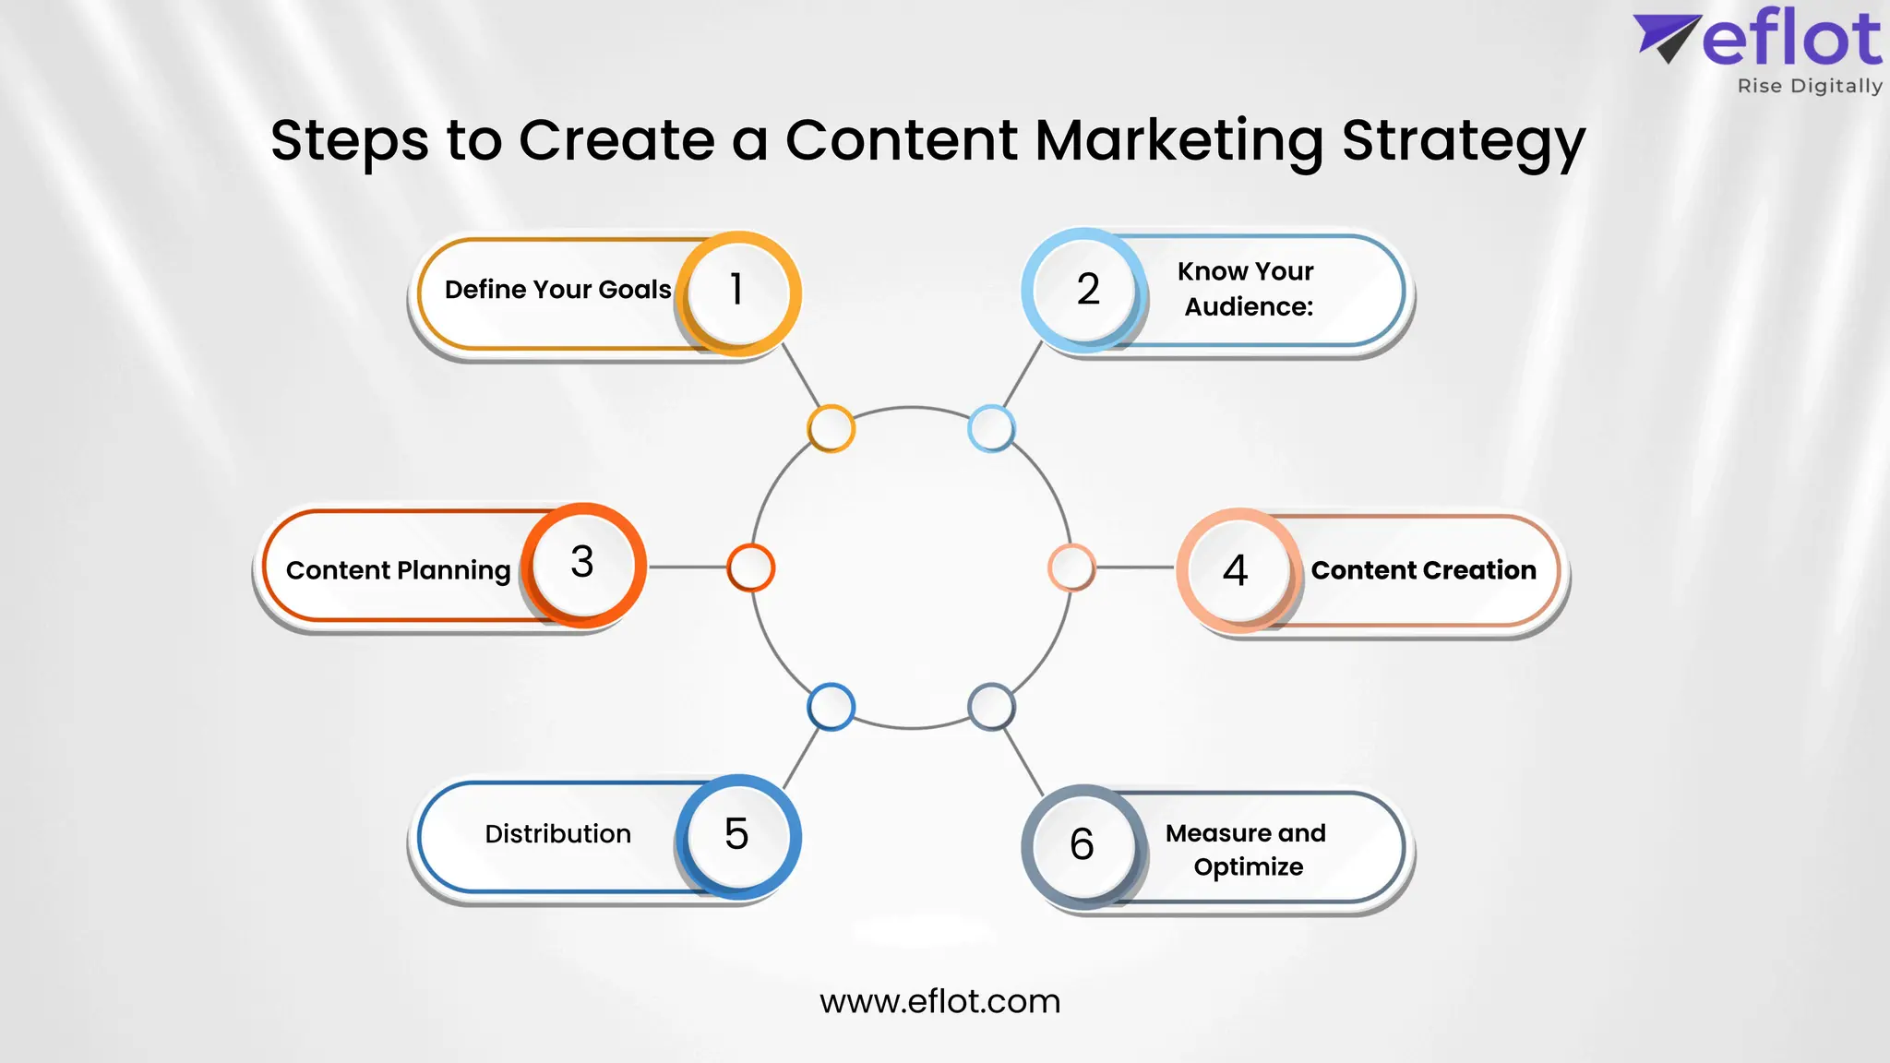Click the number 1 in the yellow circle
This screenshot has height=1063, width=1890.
[736, 290]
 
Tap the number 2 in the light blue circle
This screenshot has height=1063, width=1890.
[1088, 290]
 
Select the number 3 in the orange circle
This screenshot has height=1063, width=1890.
[582, 562]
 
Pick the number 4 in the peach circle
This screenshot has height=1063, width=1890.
[1236, 570]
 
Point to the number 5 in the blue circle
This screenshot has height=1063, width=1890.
[736, 834]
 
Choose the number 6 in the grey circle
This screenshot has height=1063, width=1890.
[1082, 844]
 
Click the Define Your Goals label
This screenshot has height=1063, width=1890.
[557, 290]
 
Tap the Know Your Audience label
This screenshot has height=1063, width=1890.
[1247, 289]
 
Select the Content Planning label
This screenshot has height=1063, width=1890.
[398, 570]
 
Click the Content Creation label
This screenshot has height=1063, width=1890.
[1423, 570]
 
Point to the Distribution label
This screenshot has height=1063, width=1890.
[557, 834]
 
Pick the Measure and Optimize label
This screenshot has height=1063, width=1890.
[1247, 850]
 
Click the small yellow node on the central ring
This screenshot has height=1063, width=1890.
[831, 429]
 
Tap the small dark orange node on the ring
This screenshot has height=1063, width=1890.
[750, 567]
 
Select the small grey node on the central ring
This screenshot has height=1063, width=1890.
[991, 708]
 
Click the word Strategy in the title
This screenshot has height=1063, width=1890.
[1463, 141]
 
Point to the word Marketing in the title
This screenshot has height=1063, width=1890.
[1179, 141]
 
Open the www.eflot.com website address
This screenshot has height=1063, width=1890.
[939, 1001]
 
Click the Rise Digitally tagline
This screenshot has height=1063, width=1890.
[1809, 86]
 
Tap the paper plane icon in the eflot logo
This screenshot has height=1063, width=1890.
[1666, 37]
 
